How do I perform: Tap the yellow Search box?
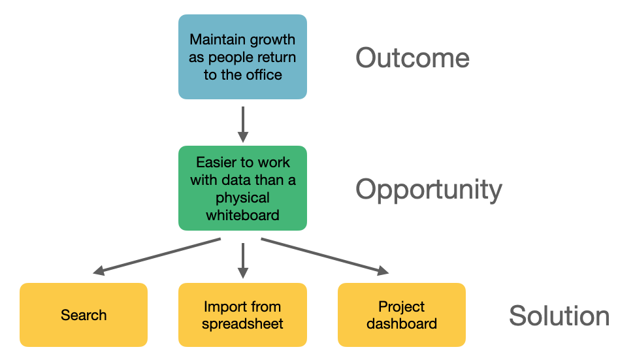(84, 315)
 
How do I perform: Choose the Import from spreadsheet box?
(242, 315)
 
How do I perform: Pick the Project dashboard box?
(401, 315)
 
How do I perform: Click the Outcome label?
(412, 58)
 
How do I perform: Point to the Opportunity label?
(429, 189)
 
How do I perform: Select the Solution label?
(559, 316)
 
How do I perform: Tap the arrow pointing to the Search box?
(157, 256)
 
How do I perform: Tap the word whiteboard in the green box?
(242, 214)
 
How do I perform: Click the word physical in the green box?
(242, 197)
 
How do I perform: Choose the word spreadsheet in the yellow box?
(242, 323)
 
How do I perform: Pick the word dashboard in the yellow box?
(401, 323)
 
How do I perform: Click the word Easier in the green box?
(216, 163)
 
